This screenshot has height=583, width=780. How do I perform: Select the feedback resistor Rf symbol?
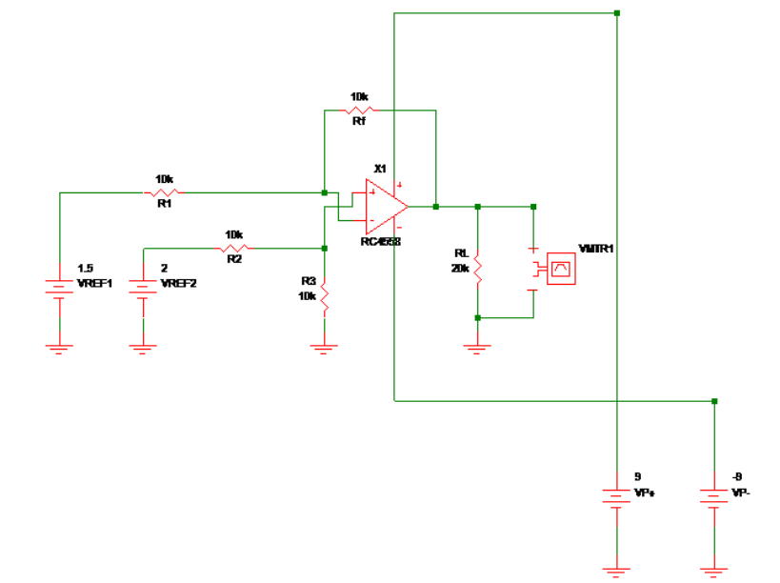click(359, 111)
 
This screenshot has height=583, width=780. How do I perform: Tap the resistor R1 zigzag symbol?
click(163, 192)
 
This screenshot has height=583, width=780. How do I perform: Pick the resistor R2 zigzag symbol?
click(233, 248)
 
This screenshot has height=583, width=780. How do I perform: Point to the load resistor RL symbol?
click(478, 270)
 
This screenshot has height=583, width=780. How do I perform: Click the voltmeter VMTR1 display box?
click(561, 270)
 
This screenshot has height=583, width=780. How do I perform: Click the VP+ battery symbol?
click(617, 497)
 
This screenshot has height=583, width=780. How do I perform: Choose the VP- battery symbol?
click(714, 497)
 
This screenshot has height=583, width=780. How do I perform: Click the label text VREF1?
click(94, 283)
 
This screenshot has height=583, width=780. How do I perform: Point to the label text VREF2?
click(178, 283)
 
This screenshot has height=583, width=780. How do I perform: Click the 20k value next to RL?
click(460, 269)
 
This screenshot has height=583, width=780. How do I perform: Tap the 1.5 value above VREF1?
click(85, 269)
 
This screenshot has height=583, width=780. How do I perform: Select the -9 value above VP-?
click(737, 476)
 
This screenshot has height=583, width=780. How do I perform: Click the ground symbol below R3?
click(325, 348)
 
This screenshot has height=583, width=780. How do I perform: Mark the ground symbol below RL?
click(478, 348)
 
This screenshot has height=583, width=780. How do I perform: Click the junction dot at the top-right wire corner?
click(617, 13)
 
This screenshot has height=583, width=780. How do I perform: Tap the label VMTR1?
click(596, 249)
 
